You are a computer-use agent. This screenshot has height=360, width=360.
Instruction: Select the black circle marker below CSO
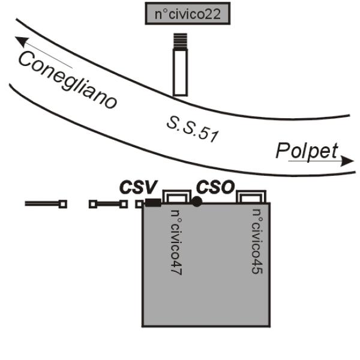[x=196, y=202]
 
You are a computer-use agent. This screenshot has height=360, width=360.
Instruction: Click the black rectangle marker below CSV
[x=153, y=203]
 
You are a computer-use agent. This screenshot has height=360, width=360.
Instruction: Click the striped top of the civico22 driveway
[x=181, y=41]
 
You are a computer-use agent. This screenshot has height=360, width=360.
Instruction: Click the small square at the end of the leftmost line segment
[x=63, y=204]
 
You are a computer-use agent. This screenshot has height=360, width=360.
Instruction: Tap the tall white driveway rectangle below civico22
[x=181, y=72]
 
